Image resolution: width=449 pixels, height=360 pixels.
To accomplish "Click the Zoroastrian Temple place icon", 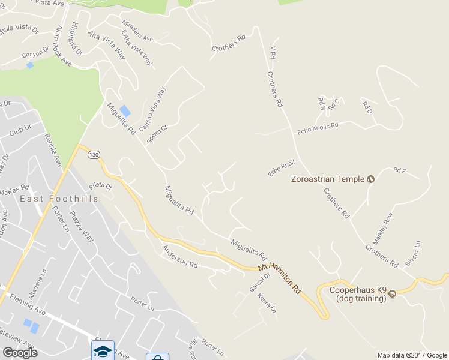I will pos(370,179).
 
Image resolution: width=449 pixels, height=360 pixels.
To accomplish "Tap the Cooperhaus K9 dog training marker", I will pos(392,294).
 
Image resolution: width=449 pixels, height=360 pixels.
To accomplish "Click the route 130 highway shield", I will pos(93,155).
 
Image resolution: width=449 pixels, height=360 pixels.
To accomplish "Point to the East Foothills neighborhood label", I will pos(59,199).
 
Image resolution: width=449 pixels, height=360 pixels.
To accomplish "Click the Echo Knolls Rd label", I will pos(318,128).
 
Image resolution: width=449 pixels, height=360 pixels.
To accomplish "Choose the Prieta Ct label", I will pos(100,187).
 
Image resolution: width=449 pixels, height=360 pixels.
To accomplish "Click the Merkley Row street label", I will pos(383,229).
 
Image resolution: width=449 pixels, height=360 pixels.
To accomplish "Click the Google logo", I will pos(20,353).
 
